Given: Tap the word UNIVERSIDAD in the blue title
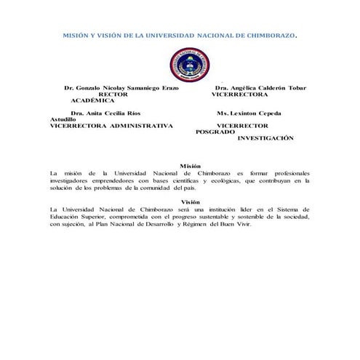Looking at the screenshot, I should click(x=167, y=34).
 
